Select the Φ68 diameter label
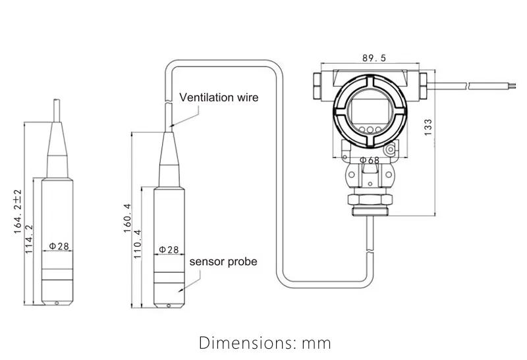pyautogui.click(x=369, y=160)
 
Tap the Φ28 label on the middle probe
pyautogui.click(x=169, y=250)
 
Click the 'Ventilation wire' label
pyautogui.click(x=219, y=97)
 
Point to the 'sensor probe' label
pyautogui.click(x=223, y=261)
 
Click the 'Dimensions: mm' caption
pyautogui.click(x=265, y=343)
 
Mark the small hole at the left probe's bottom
pyautogui.click(x=57, y=303)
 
